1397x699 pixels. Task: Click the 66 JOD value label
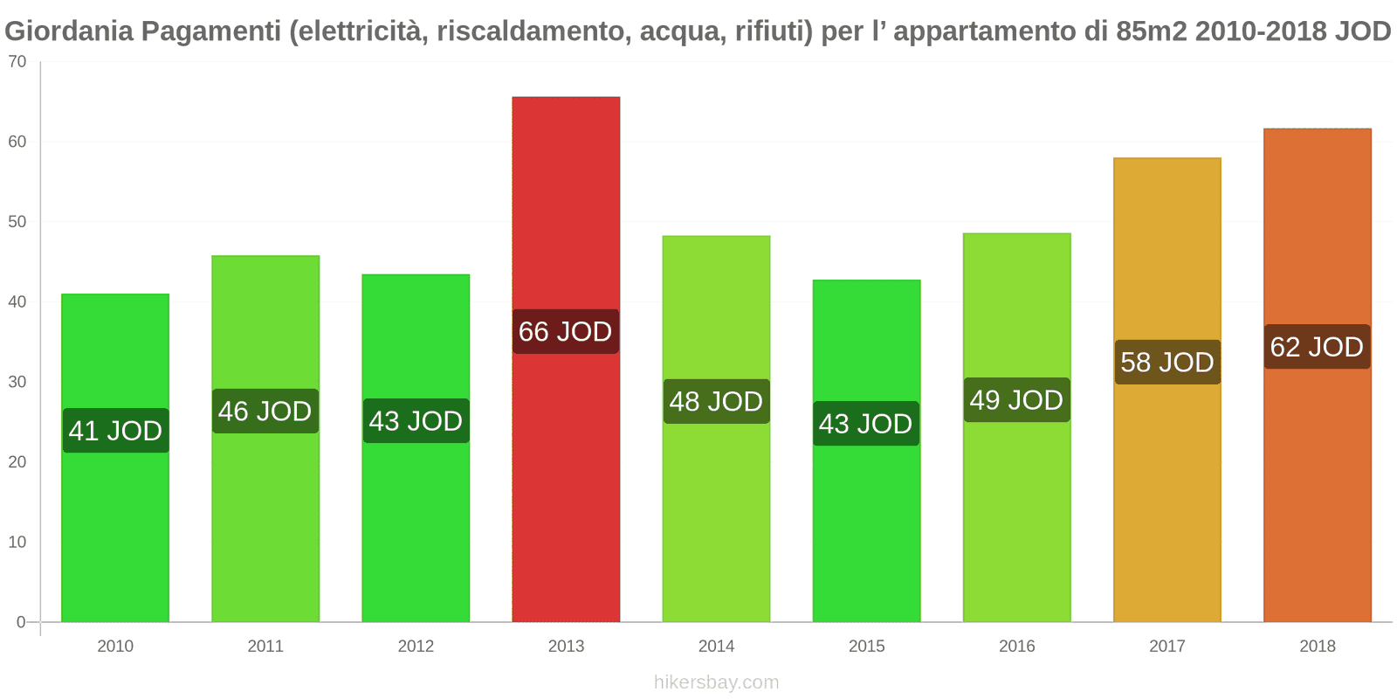(x=566, y=332)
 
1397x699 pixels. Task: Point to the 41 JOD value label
(x=115, y=431)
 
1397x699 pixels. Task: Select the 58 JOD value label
(x=1167, y=363)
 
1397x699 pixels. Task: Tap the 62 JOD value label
(x=1317, y=347)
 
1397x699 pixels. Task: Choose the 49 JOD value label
(x=1016, y=400)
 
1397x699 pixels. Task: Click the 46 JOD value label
(x=265, y=412)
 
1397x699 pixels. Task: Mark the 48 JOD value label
(x=716, y=402)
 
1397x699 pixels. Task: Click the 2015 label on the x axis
(x=867, y=647)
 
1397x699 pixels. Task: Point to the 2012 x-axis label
(x=416, y=647)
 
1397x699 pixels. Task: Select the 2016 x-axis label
(x=1017, y=647)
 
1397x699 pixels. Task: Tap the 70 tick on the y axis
(x=17, y=62)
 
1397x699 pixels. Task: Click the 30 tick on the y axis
(x=17, y=382)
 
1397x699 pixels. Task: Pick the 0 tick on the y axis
(x=21, y=622)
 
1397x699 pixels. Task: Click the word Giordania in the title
(x=69, y=31)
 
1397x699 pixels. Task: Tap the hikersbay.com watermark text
(x=716, y=682)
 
